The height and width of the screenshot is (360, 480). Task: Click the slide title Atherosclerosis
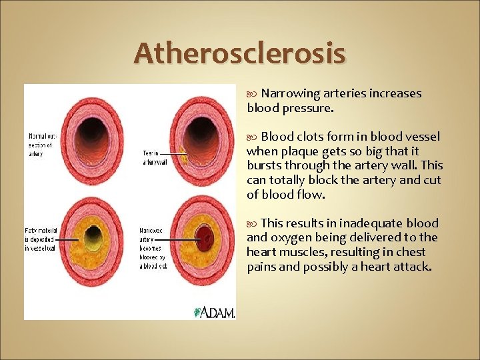tap(239, 53)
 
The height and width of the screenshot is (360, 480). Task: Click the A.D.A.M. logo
tap(214, 312)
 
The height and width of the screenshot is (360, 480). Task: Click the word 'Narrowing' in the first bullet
tap(290, 93)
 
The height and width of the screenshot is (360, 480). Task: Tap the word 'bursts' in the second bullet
tap(263, 165)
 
